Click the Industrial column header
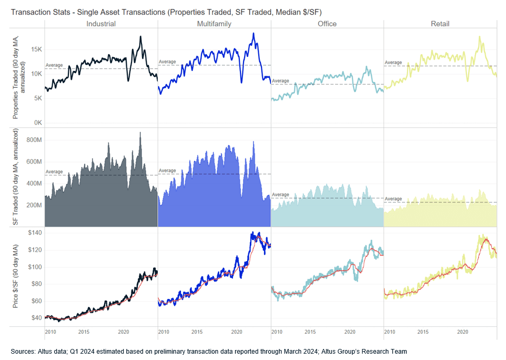pyautogui.click(x=100, y=24)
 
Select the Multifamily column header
pyautogui.click(x=214, y=24)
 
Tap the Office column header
pyautogui.click(x=327, y=24)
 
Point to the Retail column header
pyautogui.click(x=440, y=24)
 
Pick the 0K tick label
pyautogui.click(x=36, y=123)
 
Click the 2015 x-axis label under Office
pyautogui.click(x=310, y=332)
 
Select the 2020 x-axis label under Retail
pyautogui.click(x=463, y=332)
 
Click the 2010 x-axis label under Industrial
pyautogui.click(x=50, y=332)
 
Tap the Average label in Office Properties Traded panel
pyautogui.click(x=280, y=81)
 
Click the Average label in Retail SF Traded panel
pyautogui.click(x=393, y=199)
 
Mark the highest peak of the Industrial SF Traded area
pyautogui.click(x=140, y=132)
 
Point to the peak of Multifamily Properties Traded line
pyautogui.click(x=254, y=34)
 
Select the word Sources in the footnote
pyautogui.click(x=22, y=351)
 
